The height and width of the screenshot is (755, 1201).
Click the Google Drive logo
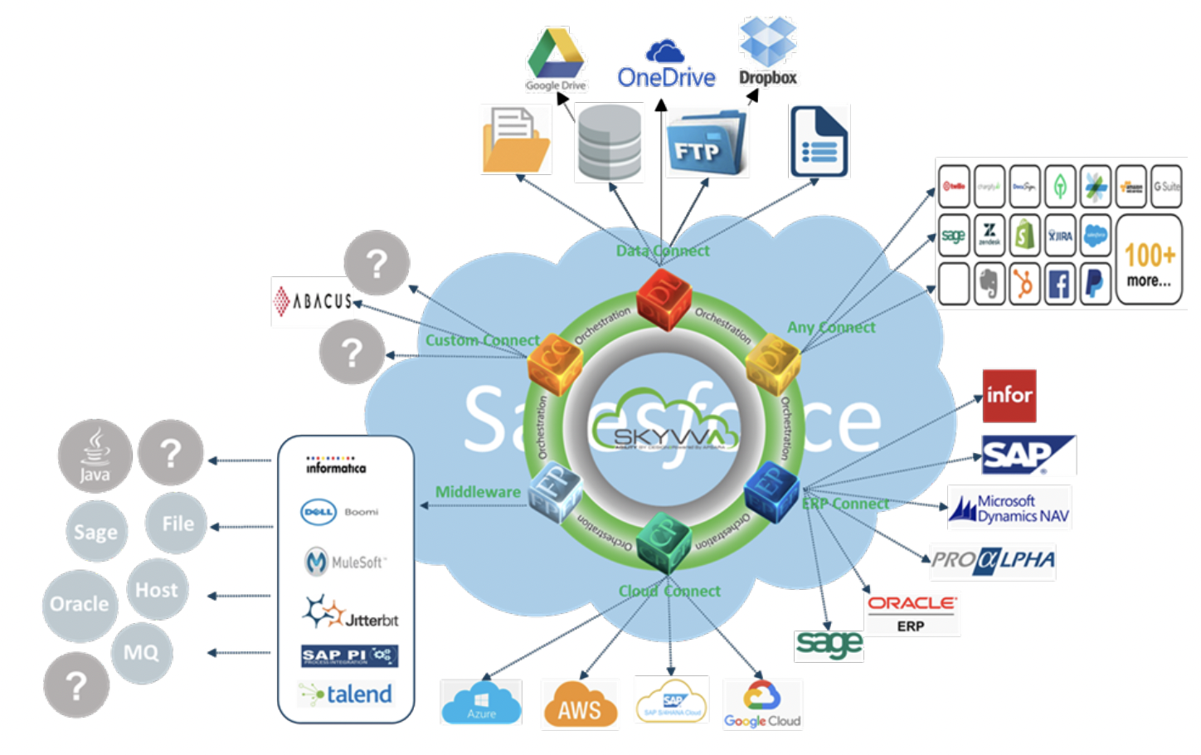555,58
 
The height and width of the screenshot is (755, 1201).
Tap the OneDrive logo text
666,77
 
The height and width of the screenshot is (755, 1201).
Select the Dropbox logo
767,51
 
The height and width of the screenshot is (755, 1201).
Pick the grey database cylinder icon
609,142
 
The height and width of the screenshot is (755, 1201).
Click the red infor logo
1009,396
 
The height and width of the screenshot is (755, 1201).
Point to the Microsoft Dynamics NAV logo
1009,508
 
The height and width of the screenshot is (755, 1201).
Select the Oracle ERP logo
912,613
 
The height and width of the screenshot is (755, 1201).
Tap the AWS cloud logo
580,704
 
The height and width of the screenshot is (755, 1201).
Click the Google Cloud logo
762,704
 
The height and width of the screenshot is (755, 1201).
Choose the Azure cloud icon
481,703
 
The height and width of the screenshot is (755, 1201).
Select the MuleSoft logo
345,562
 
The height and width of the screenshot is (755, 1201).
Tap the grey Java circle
95,455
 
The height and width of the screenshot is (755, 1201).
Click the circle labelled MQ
141,653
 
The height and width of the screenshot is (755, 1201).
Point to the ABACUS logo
314,301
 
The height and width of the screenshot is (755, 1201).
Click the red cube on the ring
663,299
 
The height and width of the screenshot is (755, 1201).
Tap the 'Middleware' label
478,492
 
